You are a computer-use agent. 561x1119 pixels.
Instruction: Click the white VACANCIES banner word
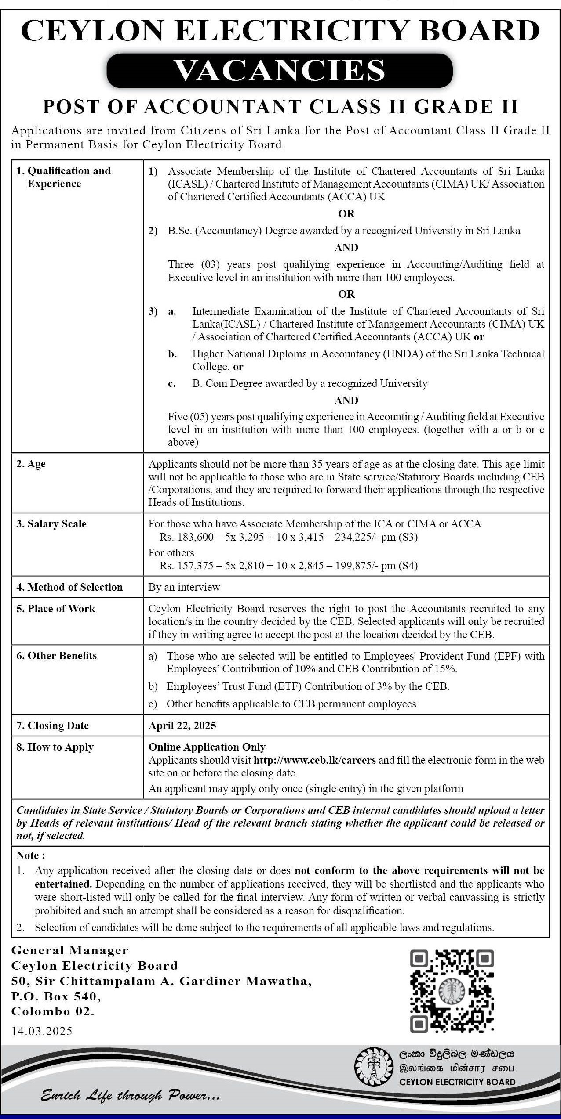[x=280, y=70]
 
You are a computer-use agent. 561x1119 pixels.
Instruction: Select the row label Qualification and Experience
[x=64, y=177]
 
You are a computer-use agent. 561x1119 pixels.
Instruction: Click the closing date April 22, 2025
[x=182, y=726]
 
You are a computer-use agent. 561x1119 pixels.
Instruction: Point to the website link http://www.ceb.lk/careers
[x=315, y=760]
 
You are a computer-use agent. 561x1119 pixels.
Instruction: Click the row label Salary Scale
[x=52, y=524]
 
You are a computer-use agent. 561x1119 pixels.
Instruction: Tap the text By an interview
[x=184, y=587]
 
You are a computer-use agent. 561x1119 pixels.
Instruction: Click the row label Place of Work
[x=56, y=609]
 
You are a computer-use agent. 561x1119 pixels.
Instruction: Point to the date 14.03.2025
[x=42, y=1031]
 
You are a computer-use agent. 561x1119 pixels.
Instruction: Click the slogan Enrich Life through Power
[x=130, y=1096]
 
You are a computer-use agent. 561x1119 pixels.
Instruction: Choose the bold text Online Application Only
[x=207, y=747]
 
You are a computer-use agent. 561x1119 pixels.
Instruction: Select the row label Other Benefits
[x=57, y=656]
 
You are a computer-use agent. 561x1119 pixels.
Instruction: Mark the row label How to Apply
[x=55, y=747]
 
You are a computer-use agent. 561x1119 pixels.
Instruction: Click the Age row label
[x=31, y=464]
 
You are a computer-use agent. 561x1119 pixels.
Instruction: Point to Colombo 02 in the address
[x=53, y=1012]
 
